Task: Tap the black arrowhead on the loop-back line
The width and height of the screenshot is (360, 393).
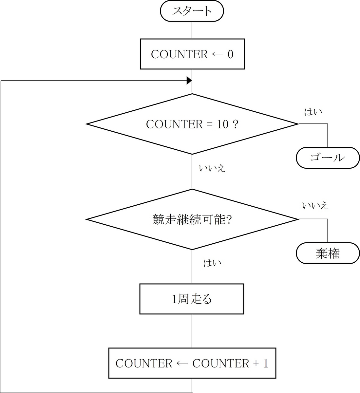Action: coord(189,81)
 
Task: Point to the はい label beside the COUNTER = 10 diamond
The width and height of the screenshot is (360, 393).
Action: coord(313,112)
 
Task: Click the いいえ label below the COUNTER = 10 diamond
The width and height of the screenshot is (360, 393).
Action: coord(212,168)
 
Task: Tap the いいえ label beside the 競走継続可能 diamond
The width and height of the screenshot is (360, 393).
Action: coord(315,206)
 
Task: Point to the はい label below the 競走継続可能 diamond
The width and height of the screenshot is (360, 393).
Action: coord(212,263)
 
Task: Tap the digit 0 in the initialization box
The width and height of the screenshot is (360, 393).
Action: coord(231,54)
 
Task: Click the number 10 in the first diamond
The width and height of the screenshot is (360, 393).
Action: coord(223,124)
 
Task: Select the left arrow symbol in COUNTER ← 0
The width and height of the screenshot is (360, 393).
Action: coord(218,54)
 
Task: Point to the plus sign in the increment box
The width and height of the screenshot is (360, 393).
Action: coord(256,364)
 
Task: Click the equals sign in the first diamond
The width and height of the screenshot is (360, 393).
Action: coord(210,124)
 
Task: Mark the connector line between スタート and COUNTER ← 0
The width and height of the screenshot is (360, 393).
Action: coord(192,30)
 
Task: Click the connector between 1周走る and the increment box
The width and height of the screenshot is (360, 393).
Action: coord(192,331)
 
